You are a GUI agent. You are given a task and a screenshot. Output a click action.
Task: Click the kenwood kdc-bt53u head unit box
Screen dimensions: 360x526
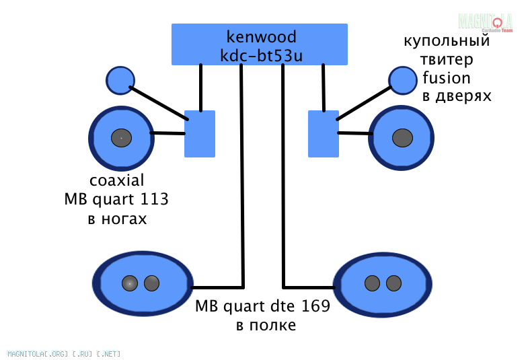point(260,44)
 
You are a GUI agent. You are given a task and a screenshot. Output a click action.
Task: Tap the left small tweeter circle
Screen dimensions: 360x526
point(120,81)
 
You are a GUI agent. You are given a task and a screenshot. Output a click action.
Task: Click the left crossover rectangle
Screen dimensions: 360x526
point(200,134)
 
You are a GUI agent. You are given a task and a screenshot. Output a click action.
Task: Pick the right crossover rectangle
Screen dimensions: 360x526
point(323,134)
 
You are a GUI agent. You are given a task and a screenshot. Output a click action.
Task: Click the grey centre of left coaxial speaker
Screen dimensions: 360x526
point(121,138)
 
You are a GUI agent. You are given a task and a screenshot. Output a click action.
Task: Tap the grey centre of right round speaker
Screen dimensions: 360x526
point(402,137)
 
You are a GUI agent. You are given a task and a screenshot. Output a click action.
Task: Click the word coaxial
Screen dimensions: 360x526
point(117,181)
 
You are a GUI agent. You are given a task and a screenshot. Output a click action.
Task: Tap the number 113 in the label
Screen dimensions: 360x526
point(155,200)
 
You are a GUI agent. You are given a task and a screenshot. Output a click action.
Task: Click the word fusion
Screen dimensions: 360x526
point(447,77)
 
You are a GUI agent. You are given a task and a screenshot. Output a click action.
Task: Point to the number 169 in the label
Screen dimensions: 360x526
point(315,307)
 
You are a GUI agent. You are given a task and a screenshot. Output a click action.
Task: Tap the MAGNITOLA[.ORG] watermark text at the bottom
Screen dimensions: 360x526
point(64,353)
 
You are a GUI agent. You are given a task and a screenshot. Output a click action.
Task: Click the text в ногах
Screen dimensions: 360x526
point(117,219)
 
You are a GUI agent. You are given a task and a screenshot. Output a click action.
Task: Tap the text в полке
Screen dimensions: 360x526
point(266,326)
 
